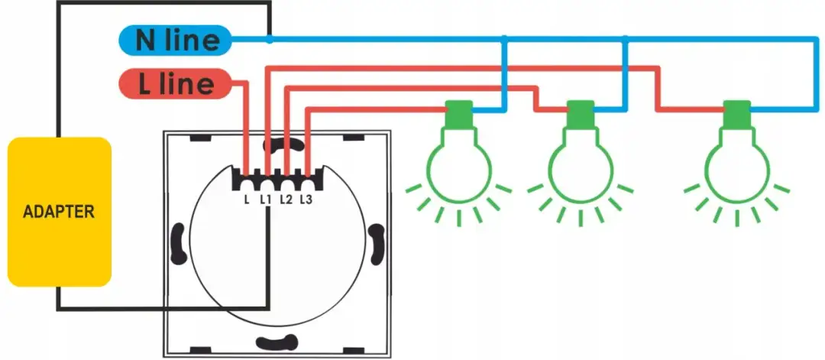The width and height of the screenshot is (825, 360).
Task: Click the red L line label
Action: pyautogui.click(x=176, y=84)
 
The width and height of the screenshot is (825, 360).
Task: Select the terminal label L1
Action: pyautogui.click(x=266, y=199)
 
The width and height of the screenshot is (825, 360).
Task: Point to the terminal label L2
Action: pyautogui.click(x=286, y=199)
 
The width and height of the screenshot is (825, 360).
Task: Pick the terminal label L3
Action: pyautogui.click(x=306, y=199)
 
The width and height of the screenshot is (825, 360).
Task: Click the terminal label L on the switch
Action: pyautogui.click(x=246, y=199)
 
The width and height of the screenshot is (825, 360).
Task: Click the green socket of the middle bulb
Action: pyautogui.click(x=581, y=115)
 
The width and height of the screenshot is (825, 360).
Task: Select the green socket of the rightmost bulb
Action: pyautogui.click(x=736, y=115)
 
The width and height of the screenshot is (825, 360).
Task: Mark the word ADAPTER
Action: pyautogui.click(x=58, y=212)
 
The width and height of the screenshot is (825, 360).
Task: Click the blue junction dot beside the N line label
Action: pyautogui.click(x=269, y=39)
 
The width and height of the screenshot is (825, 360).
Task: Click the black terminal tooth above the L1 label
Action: pyautogui.click(x=267, y=183)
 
